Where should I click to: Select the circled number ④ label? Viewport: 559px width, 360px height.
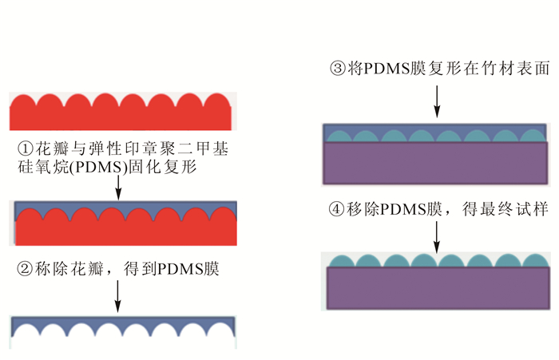pos(337,209)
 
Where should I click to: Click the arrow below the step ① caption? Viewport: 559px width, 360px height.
pos(118,188)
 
